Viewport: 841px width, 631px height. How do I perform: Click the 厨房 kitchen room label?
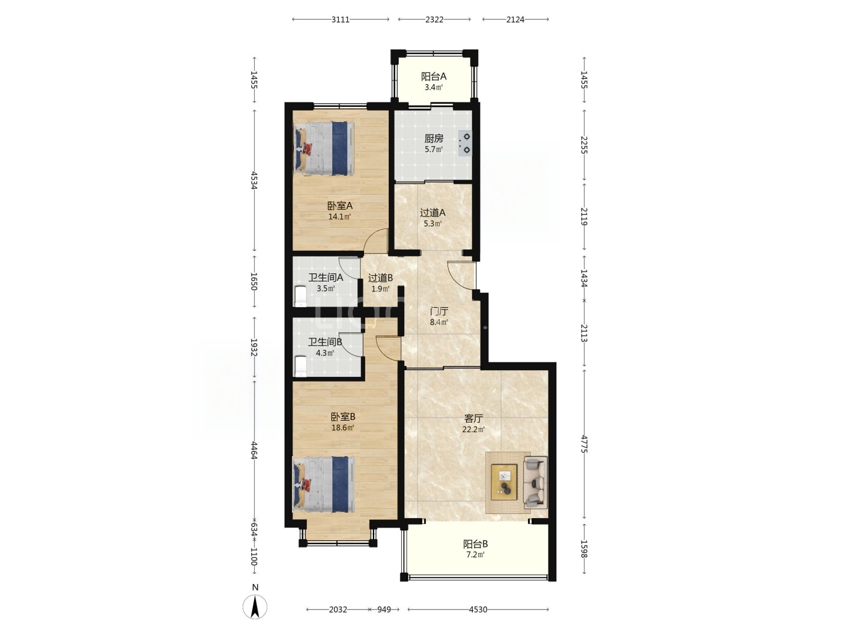pyautogui.click(x=433, y=138)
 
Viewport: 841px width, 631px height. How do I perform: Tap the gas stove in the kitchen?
pyautogui.click(x=465, y=143)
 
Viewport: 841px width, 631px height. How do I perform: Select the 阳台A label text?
pyautogui.click(x=434, y=77)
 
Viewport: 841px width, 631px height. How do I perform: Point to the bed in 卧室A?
pyautogui.click(x=324, y=148)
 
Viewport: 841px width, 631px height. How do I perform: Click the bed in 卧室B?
pyautogui.click(x=324, y=484)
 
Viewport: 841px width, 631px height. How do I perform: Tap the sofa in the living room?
pyautogui.click(x=535, y=483)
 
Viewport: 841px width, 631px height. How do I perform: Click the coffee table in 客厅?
pyautogui.click(x=504, y=482)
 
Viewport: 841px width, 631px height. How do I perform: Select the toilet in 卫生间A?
pyautogui.click(x=300, y=296)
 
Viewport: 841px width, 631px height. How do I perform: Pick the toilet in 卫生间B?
pyautogui.click(x=300, y=366)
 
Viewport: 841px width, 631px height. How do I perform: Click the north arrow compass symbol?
pyautogui.click(x=255, y=606)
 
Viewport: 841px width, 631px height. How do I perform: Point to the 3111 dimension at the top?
pyautogui.click(x=340, y=20)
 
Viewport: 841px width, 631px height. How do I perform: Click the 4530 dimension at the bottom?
pyautogui.click(x=478, y=609)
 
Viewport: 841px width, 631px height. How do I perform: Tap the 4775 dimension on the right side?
pyautogui.click(x=584, y=444)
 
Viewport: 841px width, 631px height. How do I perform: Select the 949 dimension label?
pyautogui.click(x=383, y=609)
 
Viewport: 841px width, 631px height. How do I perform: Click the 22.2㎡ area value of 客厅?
pyautogui.click(x=473, y=429)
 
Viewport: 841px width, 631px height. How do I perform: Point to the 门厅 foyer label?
pyautogui.click(x=439, y=311)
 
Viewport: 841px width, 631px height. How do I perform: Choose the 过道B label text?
pyautogui.click(x=380, y=278)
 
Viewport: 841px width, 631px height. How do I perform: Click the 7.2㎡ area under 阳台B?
pyautogui.click(x=475, y=554)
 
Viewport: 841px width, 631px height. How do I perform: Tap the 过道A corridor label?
pyautogui.click(x=433, y=213)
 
